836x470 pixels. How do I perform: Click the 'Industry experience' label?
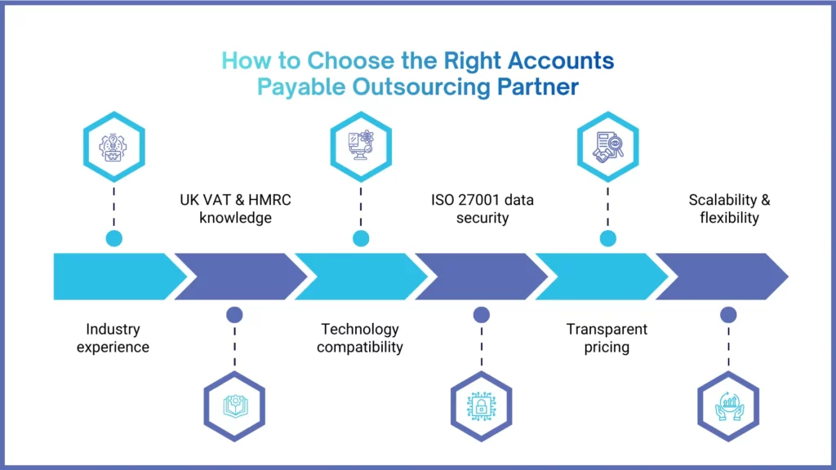(x=113, y=338)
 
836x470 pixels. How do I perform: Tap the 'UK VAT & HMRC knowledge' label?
(x=235, y=208)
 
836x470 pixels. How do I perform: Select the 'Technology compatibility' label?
(x=360, y=338)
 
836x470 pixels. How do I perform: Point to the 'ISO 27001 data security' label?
(x=482, y=208)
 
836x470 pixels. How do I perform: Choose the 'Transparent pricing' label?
(x=607, y=338)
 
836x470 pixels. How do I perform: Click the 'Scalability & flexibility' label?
(x=729, y=208)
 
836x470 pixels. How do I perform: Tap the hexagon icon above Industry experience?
(x=114, y=146)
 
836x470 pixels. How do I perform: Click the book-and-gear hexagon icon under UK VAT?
(x=235, y=406)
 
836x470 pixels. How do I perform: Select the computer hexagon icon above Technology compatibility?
(x=360, y=146)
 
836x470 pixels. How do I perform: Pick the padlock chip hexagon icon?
(x=482, y=406)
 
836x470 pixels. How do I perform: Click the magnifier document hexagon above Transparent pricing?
(x=607, y=146)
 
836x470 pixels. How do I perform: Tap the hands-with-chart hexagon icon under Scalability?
(x=729, y=406)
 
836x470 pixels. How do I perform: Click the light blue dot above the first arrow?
(x=114, y=238)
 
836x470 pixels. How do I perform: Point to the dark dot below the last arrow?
(x=729, y=314)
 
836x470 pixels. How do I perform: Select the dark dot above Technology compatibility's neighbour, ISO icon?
(x=482, y=314)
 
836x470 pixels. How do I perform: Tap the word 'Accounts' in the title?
(x=560, y=61)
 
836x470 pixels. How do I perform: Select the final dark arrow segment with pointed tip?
(x=718, y=276)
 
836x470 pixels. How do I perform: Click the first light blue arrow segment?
(x=114, y=276)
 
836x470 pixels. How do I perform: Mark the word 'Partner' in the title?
(x=538, y=87)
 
